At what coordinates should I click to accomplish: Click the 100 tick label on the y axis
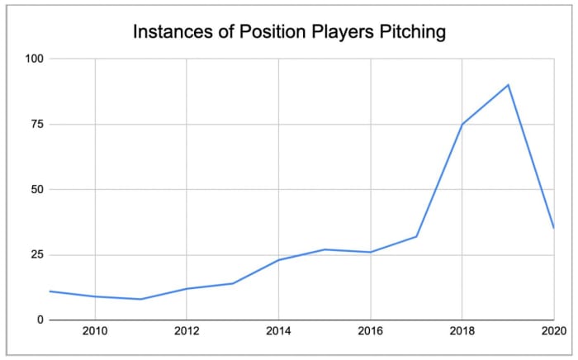point(34,59)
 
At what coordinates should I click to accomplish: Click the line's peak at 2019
point(508,85)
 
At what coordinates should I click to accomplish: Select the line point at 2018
point(462,124)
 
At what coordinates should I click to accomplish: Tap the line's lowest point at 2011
point(141,299)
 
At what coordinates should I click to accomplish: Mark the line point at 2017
point(416,236)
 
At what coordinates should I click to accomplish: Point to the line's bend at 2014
point(278,260)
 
